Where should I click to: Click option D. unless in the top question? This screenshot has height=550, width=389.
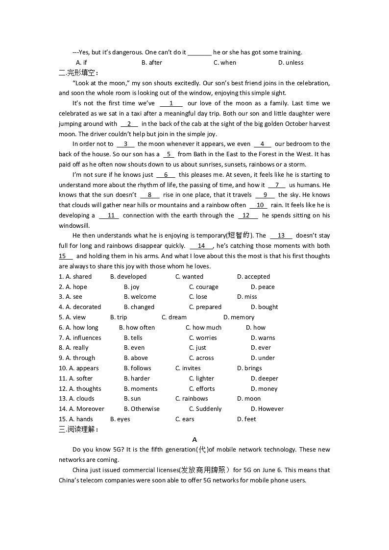tap(291, 63)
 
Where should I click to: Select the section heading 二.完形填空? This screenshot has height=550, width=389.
tap(78, 72)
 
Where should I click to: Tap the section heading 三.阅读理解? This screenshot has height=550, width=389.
tap(78, 430)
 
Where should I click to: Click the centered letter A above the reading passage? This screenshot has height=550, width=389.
tap(194, 440)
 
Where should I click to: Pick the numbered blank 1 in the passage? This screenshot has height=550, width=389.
tap(171, 103)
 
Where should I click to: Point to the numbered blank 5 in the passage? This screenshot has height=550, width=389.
tap(169, 154)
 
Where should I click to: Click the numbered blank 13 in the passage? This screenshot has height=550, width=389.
tap(281, 236)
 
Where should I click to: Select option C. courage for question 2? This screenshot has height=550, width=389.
tap(204, 287)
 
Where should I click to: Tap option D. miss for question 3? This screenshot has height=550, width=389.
tap(247, 297)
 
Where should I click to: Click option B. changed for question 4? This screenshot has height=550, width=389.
tap(139, 307)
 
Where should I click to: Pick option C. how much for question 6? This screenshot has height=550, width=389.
tap(203, 328)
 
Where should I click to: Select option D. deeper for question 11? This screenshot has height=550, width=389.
tap(265, 379)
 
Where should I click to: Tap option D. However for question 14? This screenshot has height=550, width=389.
tap(267, 409)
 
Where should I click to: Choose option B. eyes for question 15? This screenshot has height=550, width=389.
tap(120, 419)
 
